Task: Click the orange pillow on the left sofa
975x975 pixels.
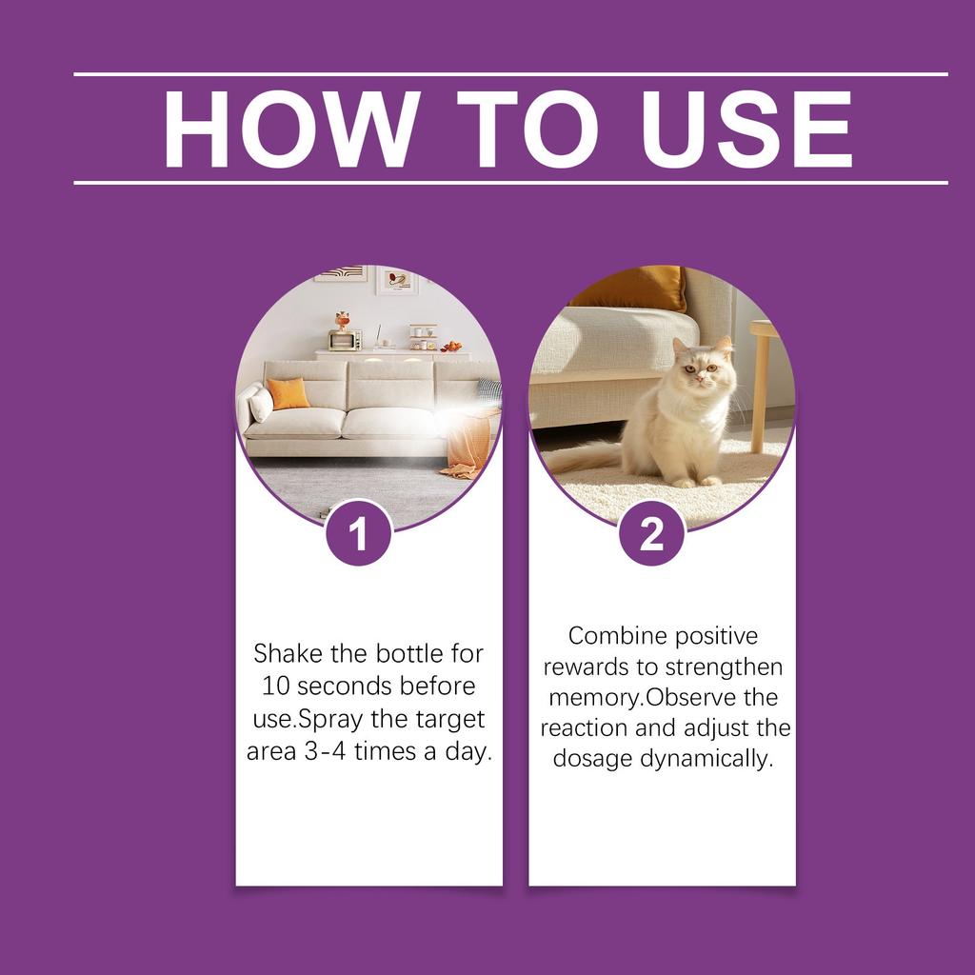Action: point(288,393)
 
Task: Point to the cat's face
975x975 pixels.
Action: point(697,366)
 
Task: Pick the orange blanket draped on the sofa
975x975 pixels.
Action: point(471,444)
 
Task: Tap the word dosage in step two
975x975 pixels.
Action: point(592,760)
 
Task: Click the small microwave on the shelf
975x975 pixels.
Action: point(345,340)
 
